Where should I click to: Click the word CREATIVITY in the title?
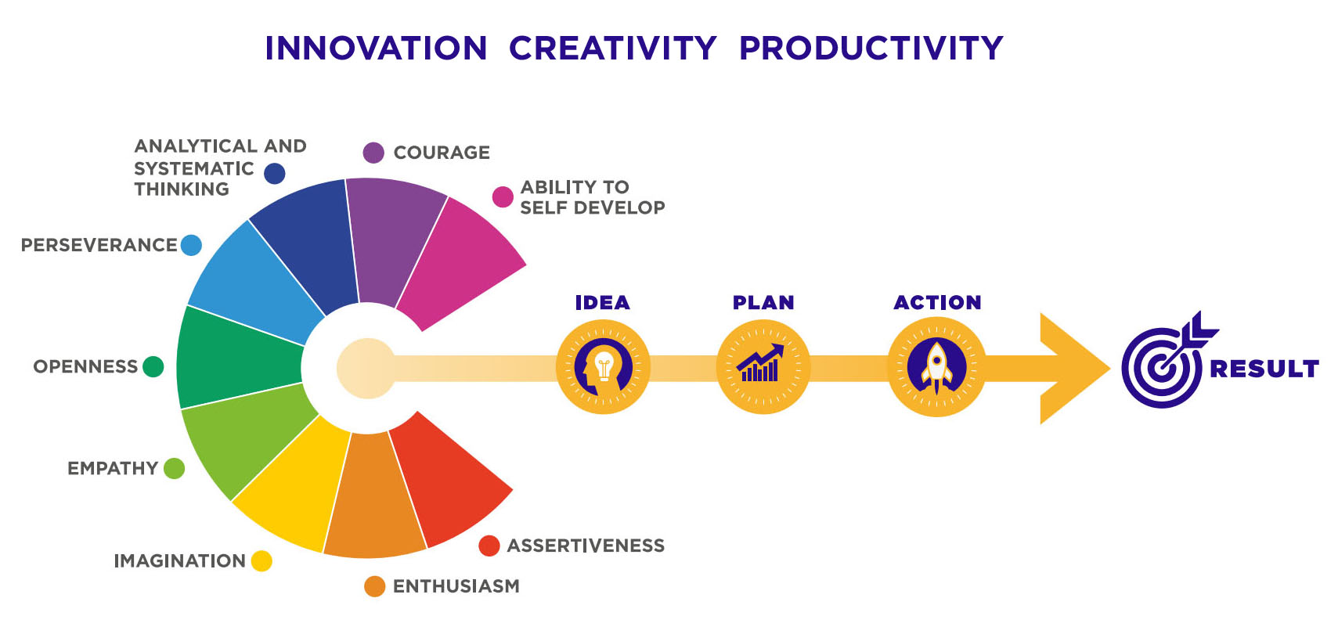[612, 49]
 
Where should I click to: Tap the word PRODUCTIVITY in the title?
[871, 49]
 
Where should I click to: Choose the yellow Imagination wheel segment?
[293, 484]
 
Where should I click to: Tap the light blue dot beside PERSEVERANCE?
[191, 245]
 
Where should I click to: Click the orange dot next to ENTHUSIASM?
[374, 586]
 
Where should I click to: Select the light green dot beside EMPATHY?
[174, 468]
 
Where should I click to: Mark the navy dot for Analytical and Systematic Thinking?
[275, 174]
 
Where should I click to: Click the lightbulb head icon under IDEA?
[603, 366]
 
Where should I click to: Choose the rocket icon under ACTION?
[936, 366]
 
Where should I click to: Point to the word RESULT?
[1264, 369]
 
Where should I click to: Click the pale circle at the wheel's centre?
[366, 369]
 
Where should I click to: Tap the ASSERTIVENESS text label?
[586, 546]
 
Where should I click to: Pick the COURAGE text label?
[442, 153]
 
